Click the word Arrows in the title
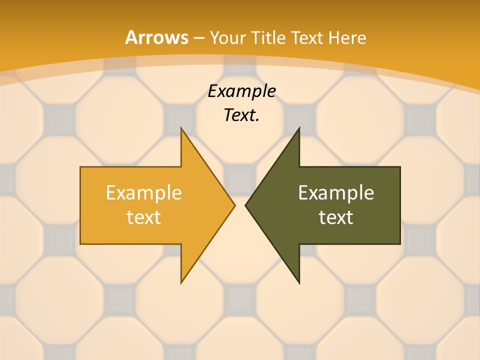(x=156, y=37)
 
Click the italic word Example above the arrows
(x=242, y=91)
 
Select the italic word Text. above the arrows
(x=242, y=115)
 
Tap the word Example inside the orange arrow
(x=144, y=192)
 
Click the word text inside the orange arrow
(x=144, y=217)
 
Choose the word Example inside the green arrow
(x=336, y=192)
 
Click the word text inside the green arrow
(x=336, y=217)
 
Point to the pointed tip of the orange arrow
(x=234, y=205)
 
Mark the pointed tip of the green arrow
(x=245, y=205)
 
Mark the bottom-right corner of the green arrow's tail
(x=400, y=243)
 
